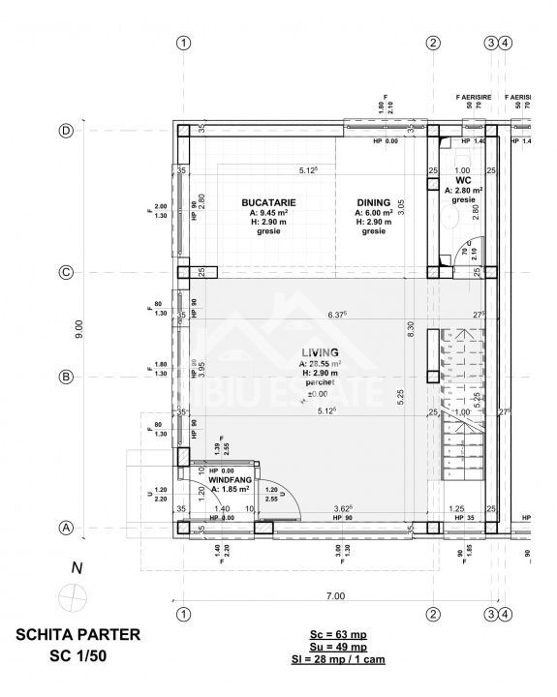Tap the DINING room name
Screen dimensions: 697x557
coord(373,202)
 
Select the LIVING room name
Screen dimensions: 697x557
coord(320,352)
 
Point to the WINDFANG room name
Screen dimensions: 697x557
coord(229,479)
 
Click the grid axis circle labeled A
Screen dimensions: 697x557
coord(67,528)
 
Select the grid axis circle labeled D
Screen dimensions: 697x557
coord(67,131)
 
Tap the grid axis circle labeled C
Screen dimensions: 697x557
coord(67,272)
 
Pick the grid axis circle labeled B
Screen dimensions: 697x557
coord(67,377)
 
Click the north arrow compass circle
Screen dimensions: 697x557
coord(71,596)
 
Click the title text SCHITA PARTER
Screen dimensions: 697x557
coord(77,635)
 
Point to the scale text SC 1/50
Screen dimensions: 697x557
coord(77,655)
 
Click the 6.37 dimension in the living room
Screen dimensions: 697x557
coord(337,314)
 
